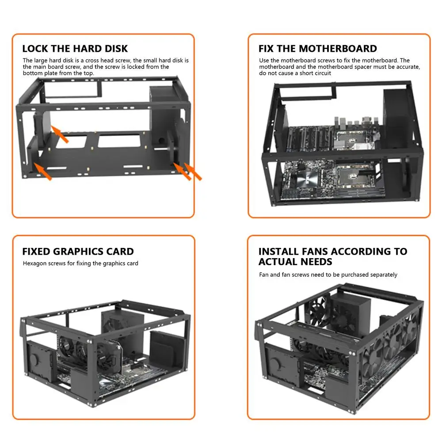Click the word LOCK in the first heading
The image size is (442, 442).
(34, 49)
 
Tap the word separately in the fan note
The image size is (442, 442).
(381, 274)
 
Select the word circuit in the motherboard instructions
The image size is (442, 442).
(321, 73)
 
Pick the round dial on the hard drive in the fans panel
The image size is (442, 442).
(276, 364)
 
